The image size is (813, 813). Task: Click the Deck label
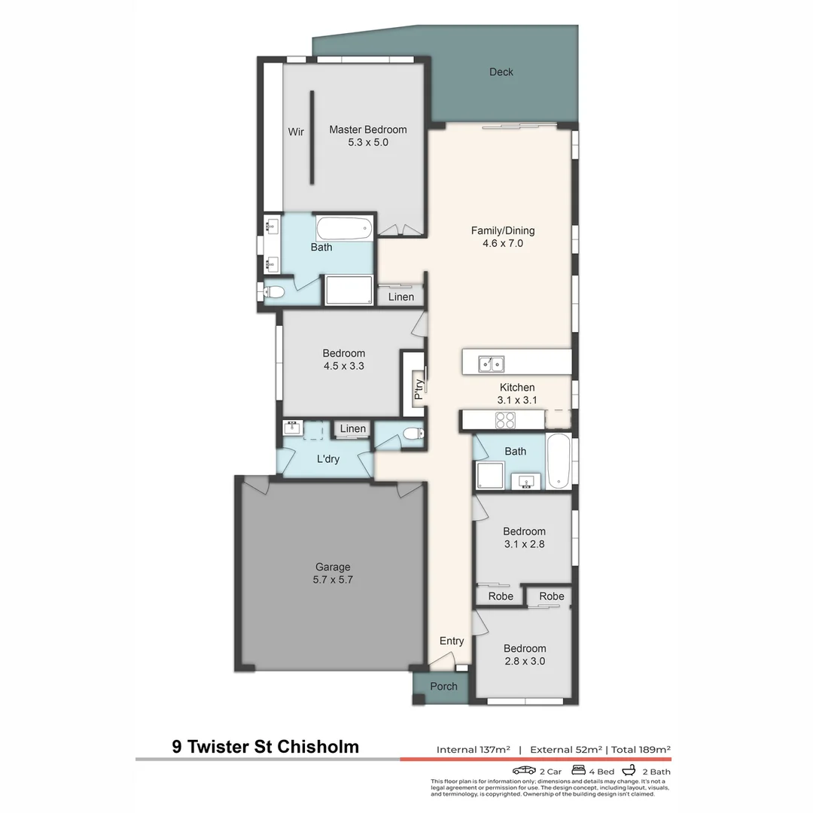(x=501, y=72)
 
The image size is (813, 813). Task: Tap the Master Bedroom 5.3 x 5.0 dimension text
(x=368, y=142)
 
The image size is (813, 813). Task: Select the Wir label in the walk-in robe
(x=296, y=132)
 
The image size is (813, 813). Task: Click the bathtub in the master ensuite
(x=344, y=227)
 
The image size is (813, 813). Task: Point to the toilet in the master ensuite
(x=273, y=292)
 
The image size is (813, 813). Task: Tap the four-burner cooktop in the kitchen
(x=504, y=420)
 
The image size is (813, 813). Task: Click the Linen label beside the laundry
(x=352, y=429)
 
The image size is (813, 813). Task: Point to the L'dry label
(x=327, y=458)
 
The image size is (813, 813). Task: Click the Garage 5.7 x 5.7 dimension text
(x=333, y=580)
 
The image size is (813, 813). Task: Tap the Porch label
(x=443, y=687)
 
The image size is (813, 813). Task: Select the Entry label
(x=452, y=641)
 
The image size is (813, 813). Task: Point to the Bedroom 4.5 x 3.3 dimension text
(x=344, y=366)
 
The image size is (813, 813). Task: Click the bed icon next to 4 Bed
(x=579, y=771)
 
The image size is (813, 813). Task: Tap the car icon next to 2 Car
(x=524, y=771)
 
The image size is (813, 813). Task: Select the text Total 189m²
(x=641, y=750)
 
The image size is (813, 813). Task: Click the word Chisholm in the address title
(x=318, y=747)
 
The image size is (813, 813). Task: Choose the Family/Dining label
(x=503, y=231)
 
